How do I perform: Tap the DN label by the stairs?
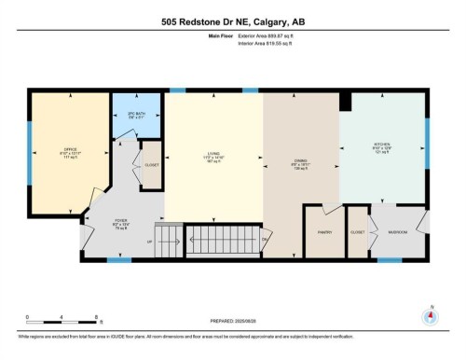pos(265,240)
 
